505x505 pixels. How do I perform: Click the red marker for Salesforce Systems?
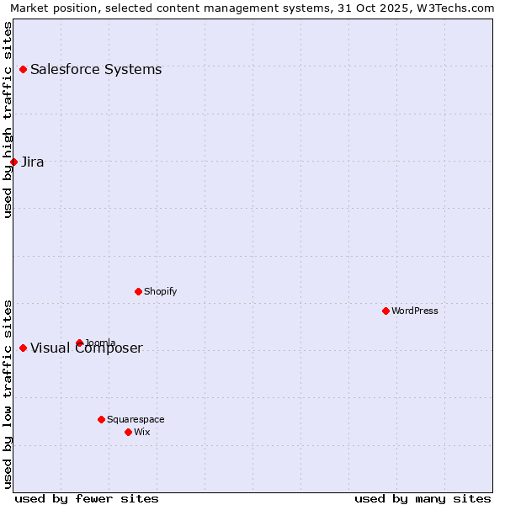click(23, 69)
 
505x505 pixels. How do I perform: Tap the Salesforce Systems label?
click(96, 69)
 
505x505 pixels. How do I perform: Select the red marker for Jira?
click(13, 162)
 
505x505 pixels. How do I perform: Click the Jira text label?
click(33, 162)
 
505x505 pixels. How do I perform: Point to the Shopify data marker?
click(138, 291)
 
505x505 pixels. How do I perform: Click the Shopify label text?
click(160, 291)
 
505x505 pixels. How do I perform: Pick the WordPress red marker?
click(385, 311)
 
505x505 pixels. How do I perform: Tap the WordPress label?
click(415, 311)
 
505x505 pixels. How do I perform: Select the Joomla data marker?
click(79, 343)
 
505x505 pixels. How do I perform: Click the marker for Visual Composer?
click(23, 348)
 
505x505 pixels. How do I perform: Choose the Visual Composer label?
click(87, 348)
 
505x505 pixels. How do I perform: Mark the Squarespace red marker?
click(101, 419)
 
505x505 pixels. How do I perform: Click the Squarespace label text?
click(136, 419)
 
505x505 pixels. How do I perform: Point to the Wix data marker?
click(128, 432)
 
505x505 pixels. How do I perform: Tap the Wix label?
click(141, 432)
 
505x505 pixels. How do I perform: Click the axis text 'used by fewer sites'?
click(87, 498)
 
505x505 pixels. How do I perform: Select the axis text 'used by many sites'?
click(423, 498)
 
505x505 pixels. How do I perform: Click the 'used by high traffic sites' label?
click(8, 120)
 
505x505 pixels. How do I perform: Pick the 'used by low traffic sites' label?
click(8, 394)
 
